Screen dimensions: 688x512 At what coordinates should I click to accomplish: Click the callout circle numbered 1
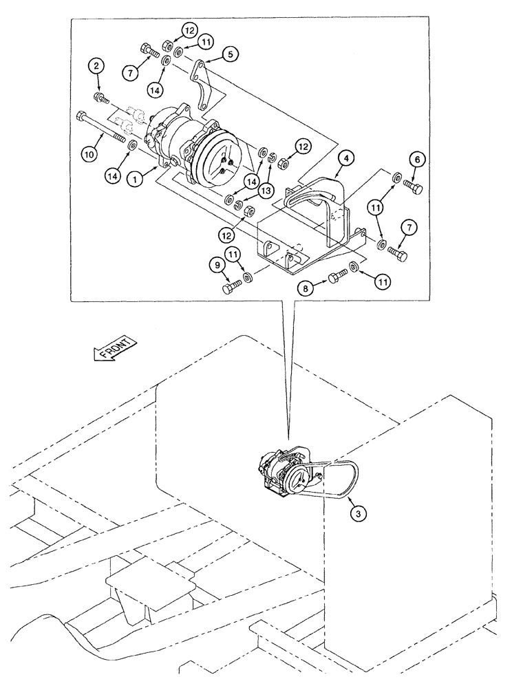tap(137, 178)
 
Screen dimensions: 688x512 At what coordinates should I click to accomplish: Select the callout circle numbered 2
tap(97, 66)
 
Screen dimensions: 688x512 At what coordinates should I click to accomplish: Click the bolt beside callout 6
tap(414, 186)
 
